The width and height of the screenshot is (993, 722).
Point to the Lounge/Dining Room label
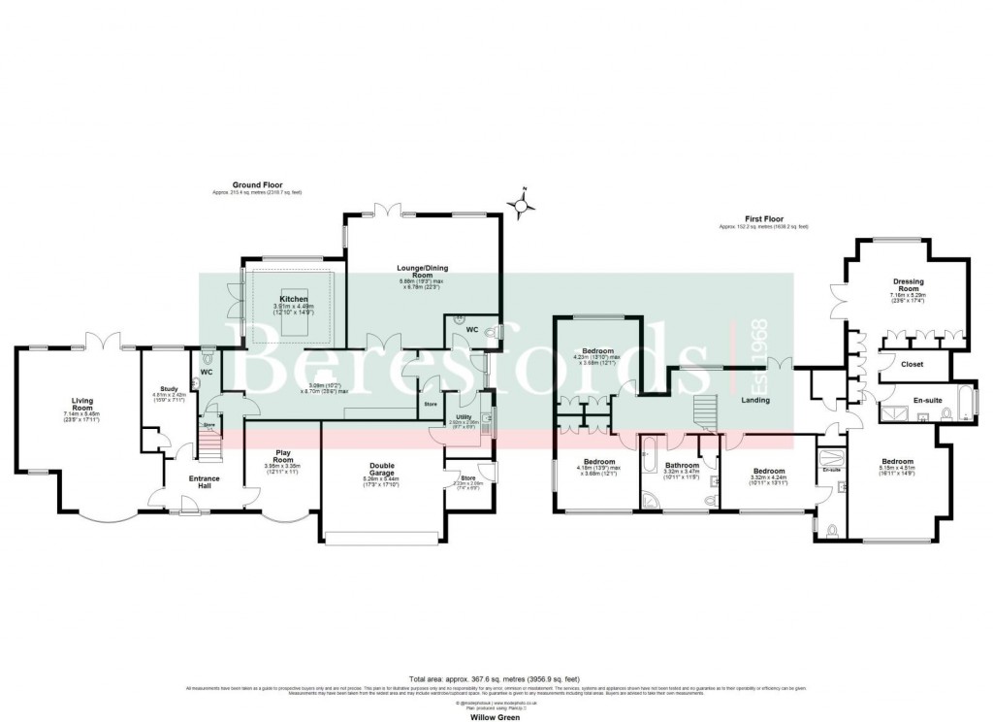pos(422,271)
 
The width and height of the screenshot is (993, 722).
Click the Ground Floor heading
pos(256,185)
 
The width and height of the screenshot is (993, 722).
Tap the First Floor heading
pos(762,219)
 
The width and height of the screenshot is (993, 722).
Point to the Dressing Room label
pos(908,286)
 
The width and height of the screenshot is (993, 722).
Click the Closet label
pos(912,364)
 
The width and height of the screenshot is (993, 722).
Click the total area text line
pos(496,678)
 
